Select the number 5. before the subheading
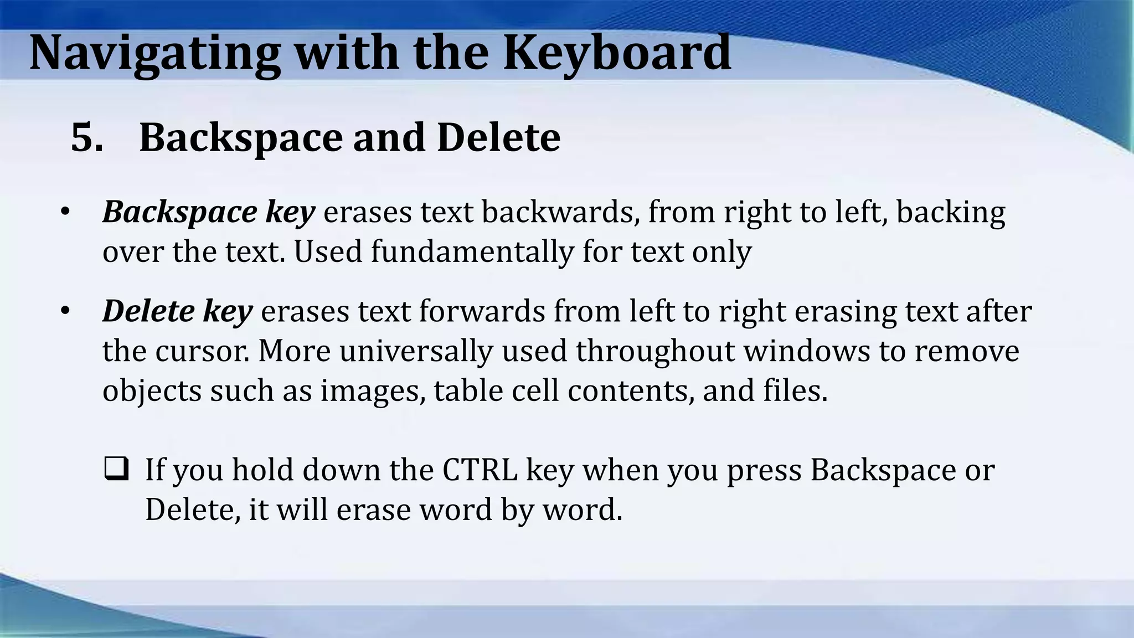(87, 137)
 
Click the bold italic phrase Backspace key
(209, 212)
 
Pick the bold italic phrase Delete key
(177, 311)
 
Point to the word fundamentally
(472, 252)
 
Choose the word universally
(416, 351)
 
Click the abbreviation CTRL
(480, 470)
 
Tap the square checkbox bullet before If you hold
(116, 469)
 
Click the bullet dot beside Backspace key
(65, 212)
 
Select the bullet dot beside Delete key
(65, 311)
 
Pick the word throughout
(654, 351)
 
